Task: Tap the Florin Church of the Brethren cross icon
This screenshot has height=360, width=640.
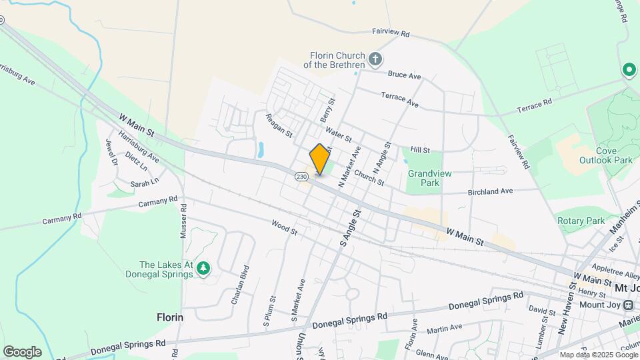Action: (x=375, y=60)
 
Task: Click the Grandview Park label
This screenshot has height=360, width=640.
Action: (x=429, y=178)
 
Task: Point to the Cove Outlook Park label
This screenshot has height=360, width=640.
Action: (x=614, y=155)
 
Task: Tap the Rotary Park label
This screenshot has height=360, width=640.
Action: (x=580, y=221)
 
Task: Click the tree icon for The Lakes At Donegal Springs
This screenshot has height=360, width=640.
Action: (x=203, y=269)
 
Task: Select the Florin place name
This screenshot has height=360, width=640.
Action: (x=170, y=317)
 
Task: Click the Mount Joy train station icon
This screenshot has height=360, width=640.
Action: (x=628, y=305)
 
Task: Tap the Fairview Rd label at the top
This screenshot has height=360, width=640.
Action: (x=390, y=33)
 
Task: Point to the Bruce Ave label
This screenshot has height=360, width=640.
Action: (x=405, y=75)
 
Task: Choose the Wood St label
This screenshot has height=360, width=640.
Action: (x=285, y=228)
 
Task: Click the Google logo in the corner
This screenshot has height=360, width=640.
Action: (x=22, y=351)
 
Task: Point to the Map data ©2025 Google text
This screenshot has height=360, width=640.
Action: (x=597, y=355)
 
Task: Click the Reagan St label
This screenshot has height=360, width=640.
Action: (x=279, y=124)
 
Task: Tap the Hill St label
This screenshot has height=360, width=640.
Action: (x=420, y=151)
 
